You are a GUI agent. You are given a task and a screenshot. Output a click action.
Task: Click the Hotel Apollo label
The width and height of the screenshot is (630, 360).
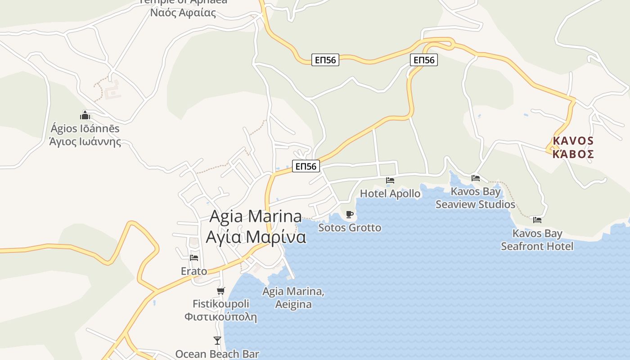pos(390,193)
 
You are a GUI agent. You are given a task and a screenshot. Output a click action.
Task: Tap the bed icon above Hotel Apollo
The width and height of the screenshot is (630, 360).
pos(390,180)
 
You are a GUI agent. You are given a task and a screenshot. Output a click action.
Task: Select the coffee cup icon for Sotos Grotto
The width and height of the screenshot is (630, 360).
pos(350,214)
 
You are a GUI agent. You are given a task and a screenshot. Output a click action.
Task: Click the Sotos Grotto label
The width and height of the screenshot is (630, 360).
pos(350,228)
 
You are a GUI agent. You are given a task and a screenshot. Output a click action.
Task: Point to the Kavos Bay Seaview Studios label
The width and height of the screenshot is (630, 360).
pos(475,198)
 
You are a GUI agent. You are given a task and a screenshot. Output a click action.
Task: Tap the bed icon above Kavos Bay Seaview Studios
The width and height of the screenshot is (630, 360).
pos(476,178)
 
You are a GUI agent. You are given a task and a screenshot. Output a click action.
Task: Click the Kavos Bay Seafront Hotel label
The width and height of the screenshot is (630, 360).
pos(537,240)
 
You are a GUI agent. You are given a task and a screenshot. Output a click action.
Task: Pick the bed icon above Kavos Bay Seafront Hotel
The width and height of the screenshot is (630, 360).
pos(537,220)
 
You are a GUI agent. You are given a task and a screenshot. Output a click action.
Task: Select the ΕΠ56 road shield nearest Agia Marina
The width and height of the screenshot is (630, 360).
pos(306,166)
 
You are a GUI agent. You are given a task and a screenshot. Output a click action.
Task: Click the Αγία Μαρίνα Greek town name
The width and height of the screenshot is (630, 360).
pos(256,237)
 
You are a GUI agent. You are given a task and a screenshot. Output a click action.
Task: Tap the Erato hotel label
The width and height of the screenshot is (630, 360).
pos(194,271)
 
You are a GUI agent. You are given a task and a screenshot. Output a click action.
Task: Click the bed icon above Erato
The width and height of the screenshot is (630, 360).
pos(194,258)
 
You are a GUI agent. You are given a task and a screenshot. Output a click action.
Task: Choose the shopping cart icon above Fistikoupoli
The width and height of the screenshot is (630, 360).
pos(221,291)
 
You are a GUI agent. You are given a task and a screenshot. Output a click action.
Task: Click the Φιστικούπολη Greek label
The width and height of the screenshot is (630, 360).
pos(220,317)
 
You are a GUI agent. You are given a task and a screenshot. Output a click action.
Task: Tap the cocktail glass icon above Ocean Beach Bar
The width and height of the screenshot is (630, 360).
pos(217,341)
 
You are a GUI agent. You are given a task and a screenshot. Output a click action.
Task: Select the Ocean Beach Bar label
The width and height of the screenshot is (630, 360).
pos(217,354)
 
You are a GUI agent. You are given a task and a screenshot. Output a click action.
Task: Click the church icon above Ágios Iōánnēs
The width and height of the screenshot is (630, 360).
pos(85,116)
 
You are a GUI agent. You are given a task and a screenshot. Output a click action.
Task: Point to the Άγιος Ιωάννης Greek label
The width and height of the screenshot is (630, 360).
pos(85,142)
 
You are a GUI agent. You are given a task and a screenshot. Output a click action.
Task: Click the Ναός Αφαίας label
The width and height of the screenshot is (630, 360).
pos(183,13)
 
